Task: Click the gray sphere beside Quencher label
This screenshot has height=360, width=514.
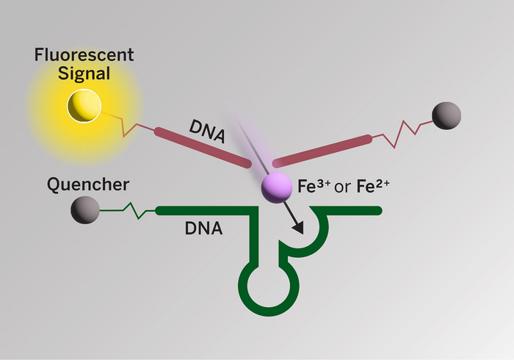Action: point(85,211)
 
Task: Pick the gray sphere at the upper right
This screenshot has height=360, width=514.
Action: point(446,116)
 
